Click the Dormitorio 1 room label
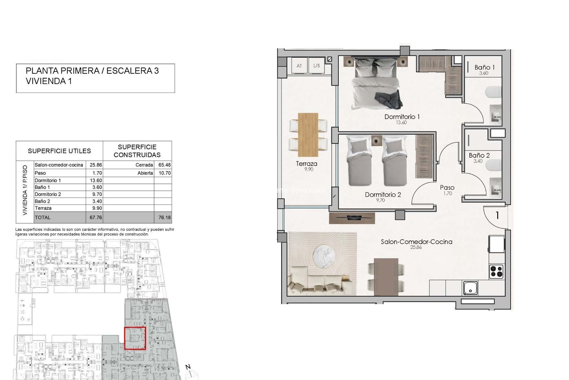[402, 117]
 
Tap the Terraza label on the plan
[306, 164]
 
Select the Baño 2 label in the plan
[479, 155]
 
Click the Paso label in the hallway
[447, 188]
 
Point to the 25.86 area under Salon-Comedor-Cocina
[416, 247]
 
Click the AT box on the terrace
[299, 66]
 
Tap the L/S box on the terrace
[317, 66]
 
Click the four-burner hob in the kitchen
[496, 271]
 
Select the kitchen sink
[470, 288]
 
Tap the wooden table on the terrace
[308, 134]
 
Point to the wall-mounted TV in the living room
[352, 218]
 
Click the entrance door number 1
[497, 215]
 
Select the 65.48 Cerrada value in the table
[164, 165]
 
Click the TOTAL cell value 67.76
[96, 218]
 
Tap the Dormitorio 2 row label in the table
[48, 194]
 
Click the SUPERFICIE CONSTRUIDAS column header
[137, 151]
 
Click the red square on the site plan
[135, 338]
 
